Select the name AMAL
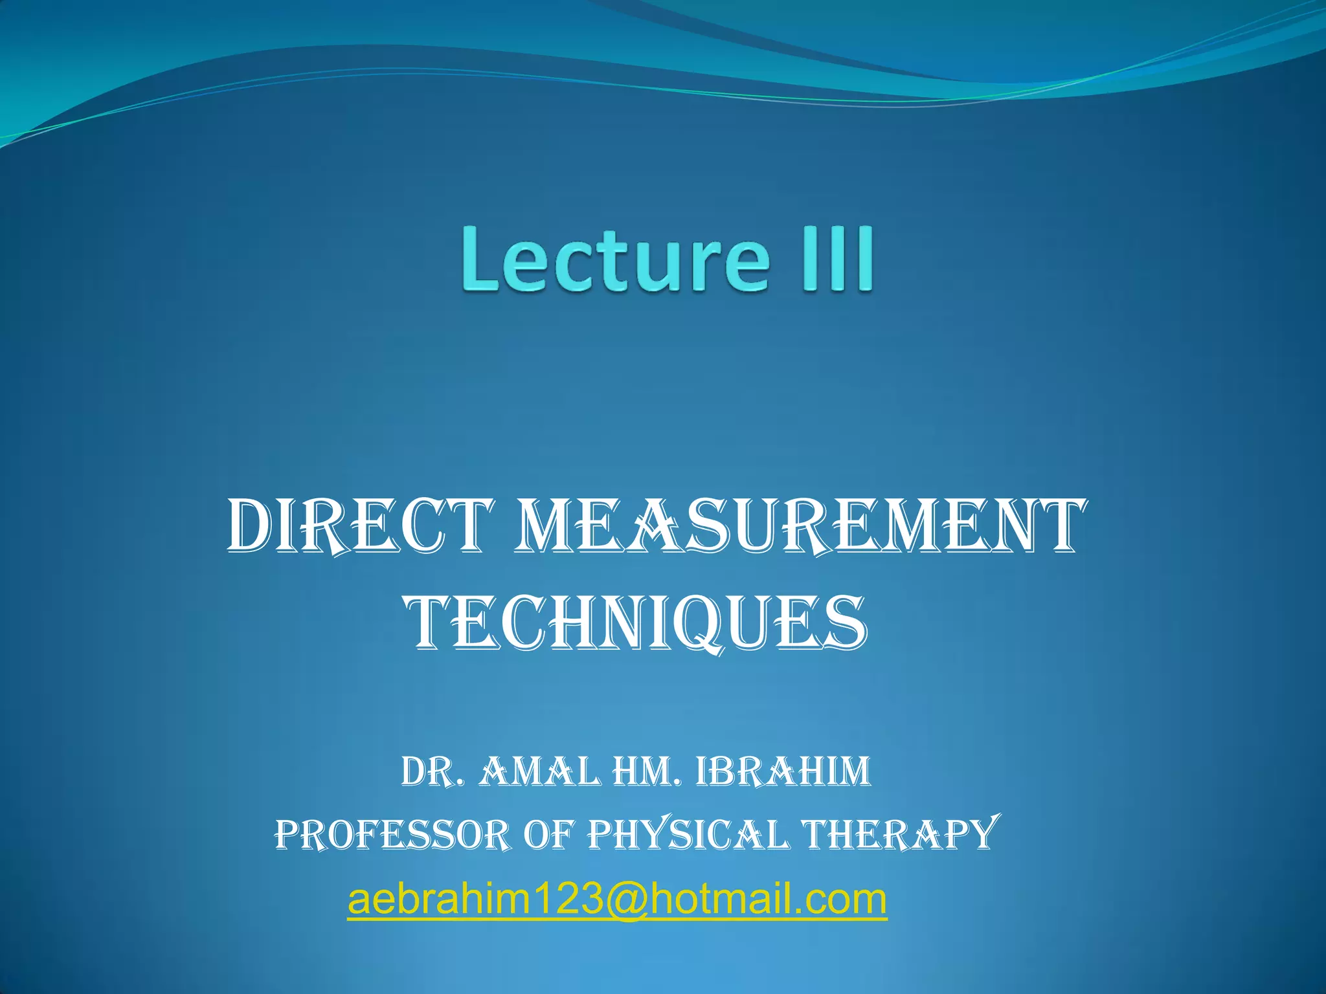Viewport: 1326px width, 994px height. [x=539, y=772]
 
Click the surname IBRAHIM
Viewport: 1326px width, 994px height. [x=783, y=772]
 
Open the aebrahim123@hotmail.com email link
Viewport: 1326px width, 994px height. [x=617, y=899]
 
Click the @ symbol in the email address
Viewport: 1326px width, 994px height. [x=625, y=900]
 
